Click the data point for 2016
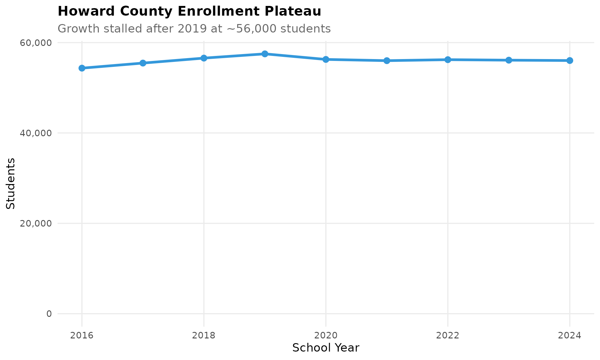point(82,68)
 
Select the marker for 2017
point(143,63)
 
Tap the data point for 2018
point(204,58)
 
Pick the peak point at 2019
point(265,54)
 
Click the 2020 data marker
point(326,59)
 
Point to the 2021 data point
point(387,61)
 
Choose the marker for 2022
point(448,60)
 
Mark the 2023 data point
point(509,60)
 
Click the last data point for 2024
point(570,61)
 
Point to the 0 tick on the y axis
point(49,314)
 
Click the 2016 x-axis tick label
point(82,336)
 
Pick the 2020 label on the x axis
point(326,336)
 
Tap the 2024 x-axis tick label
point(570,336)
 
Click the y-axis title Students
point(11,183)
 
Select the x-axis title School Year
point(326,348)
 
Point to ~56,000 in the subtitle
point(252,29)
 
